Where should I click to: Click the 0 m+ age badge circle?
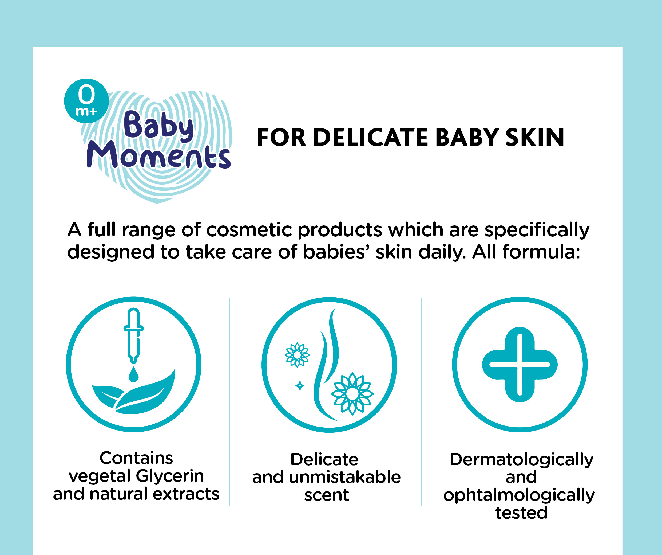(86, 101)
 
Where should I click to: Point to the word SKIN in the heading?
(535, 138)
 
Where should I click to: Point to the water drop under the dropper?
(134, 374)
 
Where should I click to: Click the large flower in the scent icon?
(352, 393)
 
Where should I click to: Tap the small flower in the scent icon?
(297, 355)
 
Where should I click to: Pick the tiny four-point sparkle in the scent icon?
(299, 386)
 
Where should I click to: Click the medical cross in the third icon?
(520, 364)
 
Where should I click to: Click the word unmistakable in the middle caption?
(344, 477)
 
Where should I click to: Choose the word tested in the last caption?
(521, 513)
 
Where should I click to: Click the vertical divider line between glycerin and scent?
(229, 402)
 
